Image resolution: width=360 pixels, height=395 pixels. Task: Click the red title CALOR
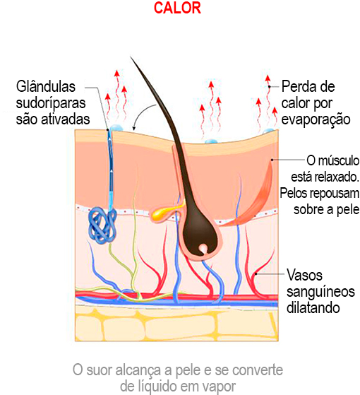point(177,8)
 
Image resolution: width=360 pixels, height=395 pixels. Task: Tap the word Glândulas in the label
point(46,86)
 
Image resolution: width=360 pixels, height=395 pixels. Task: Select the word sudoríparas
point(51,104)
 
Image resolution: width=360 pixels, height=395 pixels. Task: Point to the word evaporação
point(316,120)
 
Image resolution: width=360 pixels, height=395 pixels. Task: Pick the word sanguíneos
point(320,292)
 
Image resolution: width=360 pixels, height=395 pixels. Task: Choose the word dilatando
point(313,307)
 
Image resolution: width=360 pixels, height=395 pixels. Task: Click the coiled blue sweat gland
point(102,225)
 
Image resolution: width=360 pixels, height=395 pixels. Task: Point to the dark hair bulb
point(200,233)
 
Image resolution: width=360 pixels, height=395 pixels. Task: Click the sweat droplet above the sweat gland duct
point(116,128)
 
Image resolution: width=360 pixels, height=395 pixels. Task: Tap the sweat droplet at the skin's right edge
point(269,131)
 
